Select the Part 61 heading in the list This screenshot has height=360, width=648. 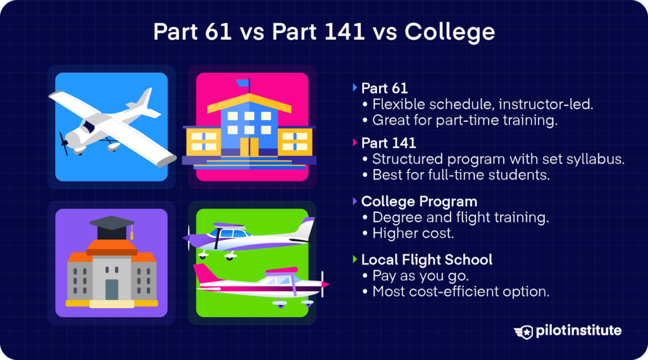click(x=384, y=88)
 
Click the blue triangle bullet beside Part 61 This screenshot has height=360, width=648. click(x=354, y=87)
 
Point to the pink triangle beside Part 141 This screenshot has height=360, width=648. click(x=354, y=144)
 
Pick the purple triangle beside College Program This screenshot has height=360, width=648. click(x=354, y=201)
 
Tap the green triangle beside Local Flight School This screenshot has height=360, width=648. click(x=354, y=259)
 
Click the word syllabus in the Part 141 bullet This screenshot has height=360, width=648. click(x=597, y=159)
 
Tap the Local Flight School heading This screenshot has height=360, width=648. click(x=427, y=259)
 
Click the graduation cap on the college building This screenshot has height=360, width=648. click(x=112, y=225)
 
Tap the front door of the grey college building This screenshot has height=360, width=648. click(x=112, y=289)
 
